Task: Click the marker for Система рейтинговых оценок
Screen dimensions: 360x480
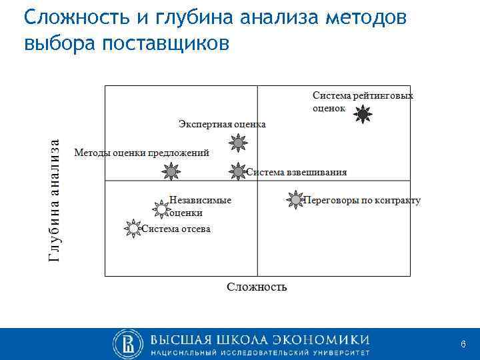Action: click(362, 115)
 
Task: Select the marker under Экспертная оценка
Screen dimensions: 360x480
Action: click(237, 142)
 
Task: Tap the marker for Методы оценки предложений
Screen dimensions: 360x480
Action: click(171, 171)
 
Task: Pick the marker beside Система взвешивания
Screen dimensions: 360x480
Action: click(238, 171)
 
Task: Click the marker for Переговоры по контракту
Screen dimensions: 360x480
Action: click(295, 199)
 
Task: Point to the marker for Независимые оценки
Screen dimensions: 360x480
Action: click(161, 209)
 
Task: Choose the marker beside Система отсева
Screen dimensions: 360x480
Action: click(133, 229)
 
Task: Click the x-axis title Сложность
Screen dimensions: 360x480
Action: click(257, 287)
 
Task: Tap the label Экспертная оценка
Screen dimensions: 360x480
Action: click(222, 124)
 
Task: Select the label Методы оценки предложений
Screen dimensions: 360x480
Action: click(141, 153)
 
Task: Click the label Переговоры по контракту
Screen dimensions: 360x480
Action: click(362, 200)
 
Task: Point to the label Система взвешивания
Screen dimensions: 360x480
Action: click(297, 172)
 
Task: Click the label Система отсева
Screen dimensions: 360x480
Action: click(176, 229)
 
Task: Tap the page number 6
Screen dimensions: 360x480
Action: click(463, 343)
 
